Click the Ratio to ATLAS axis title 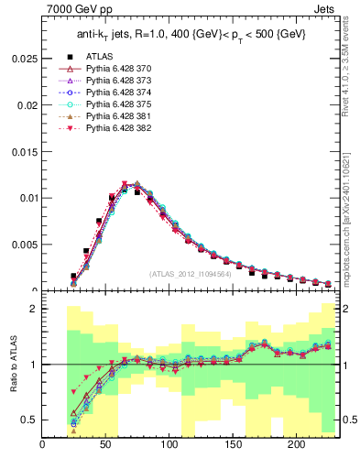pos(12,366)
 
